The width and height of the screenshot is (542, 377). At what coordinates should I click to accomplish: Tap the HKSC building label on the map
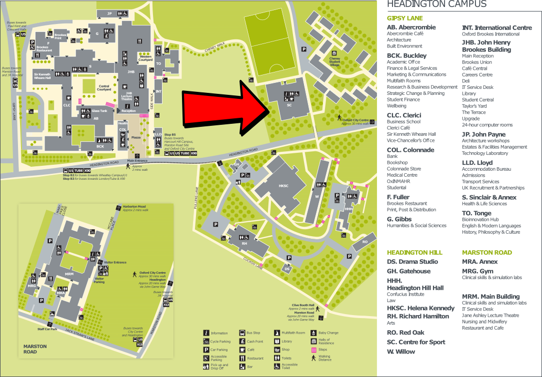tap(283, 186)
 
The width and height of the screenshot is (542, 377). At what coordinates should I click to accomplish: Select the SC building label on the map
tap(289, 105)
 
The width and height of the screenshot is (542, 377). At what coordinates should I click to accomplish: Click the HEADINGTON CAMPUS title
tap(436, 4)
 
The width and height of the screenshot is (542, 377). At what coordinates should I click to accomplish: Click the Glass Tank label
tap(99, 111)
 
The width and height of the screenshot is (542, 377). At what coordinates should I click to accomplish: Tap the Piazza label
tap(135, 137)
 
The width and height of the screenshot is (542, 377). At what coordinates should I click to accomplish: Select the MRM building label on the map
tap(69, 274)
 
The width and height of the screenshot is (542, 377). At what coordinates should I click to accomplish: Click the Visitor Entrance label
tap(115, 262)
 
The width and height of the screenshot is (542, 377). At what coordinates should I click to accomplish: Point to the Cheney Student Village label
tap(334, 61)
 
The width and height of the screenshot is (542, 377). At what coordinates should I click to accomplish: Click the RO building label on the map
tap(365, 242)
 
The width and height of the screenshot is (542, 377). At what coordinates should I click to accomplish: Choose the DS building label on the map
tap(287, 269)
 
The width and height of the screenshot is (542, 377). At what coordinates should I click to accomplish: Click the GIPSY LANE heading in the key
tap(404, 18)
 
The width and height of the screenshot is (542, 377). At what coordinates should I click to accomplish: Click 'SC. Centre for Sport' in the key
tap(416, 342)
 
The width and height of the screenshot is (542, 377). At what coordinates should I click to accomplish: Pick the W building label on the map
tap(316, 197)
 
